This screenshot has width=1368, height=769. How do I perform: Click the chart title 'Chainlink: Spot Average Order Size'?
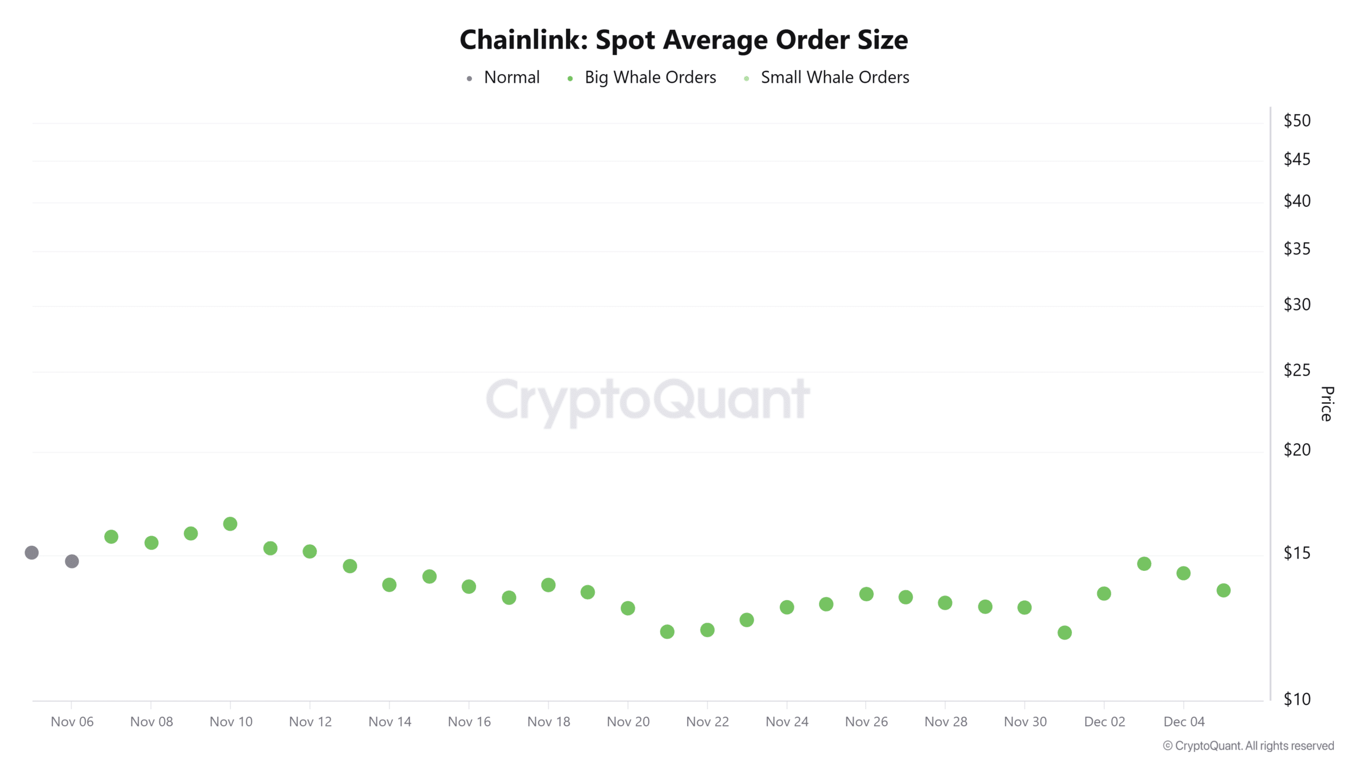[683, 40]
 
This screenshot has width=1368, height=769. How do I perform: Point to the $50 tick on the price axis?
[1296, 121]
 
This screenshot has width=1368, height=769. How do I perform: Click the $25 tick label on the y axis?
[1296, 370]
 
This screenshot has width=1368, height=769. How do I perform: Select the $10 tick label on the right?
[1296, 699]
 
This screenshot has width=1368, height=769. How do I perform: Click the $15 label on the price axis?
[1296, 553]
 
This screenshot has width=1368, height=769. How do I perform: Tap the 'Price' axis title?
[1326, 404]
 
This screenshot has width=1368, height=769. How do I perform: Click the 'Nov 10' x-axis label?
[231, 722]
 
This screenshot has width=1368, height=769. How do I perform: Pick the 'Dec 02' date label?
[1104, 722]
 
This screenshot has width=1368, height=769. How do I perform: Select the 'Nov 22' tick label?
[707, 722]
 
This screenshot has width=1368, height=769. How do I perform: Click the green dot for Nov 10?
[230, 524]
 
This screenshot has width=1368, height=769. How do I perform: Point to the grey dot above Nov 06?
[72, 561]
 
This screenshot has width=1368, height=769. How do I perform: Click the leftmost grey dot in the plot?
[32, 553]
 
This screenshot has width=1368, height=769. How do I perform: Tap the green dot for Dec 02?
[1104, 594]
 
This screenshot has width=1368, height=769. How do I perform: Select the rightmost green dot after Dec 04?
[1224, 591]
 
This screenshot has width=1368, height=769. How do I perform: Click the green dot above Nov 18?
[548, 585]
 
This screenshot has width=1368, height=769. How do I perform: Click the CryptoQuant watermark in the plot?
[648, 401]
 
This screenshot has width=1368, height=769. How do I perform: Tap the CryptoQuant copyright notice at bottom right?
[1248, 746]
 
